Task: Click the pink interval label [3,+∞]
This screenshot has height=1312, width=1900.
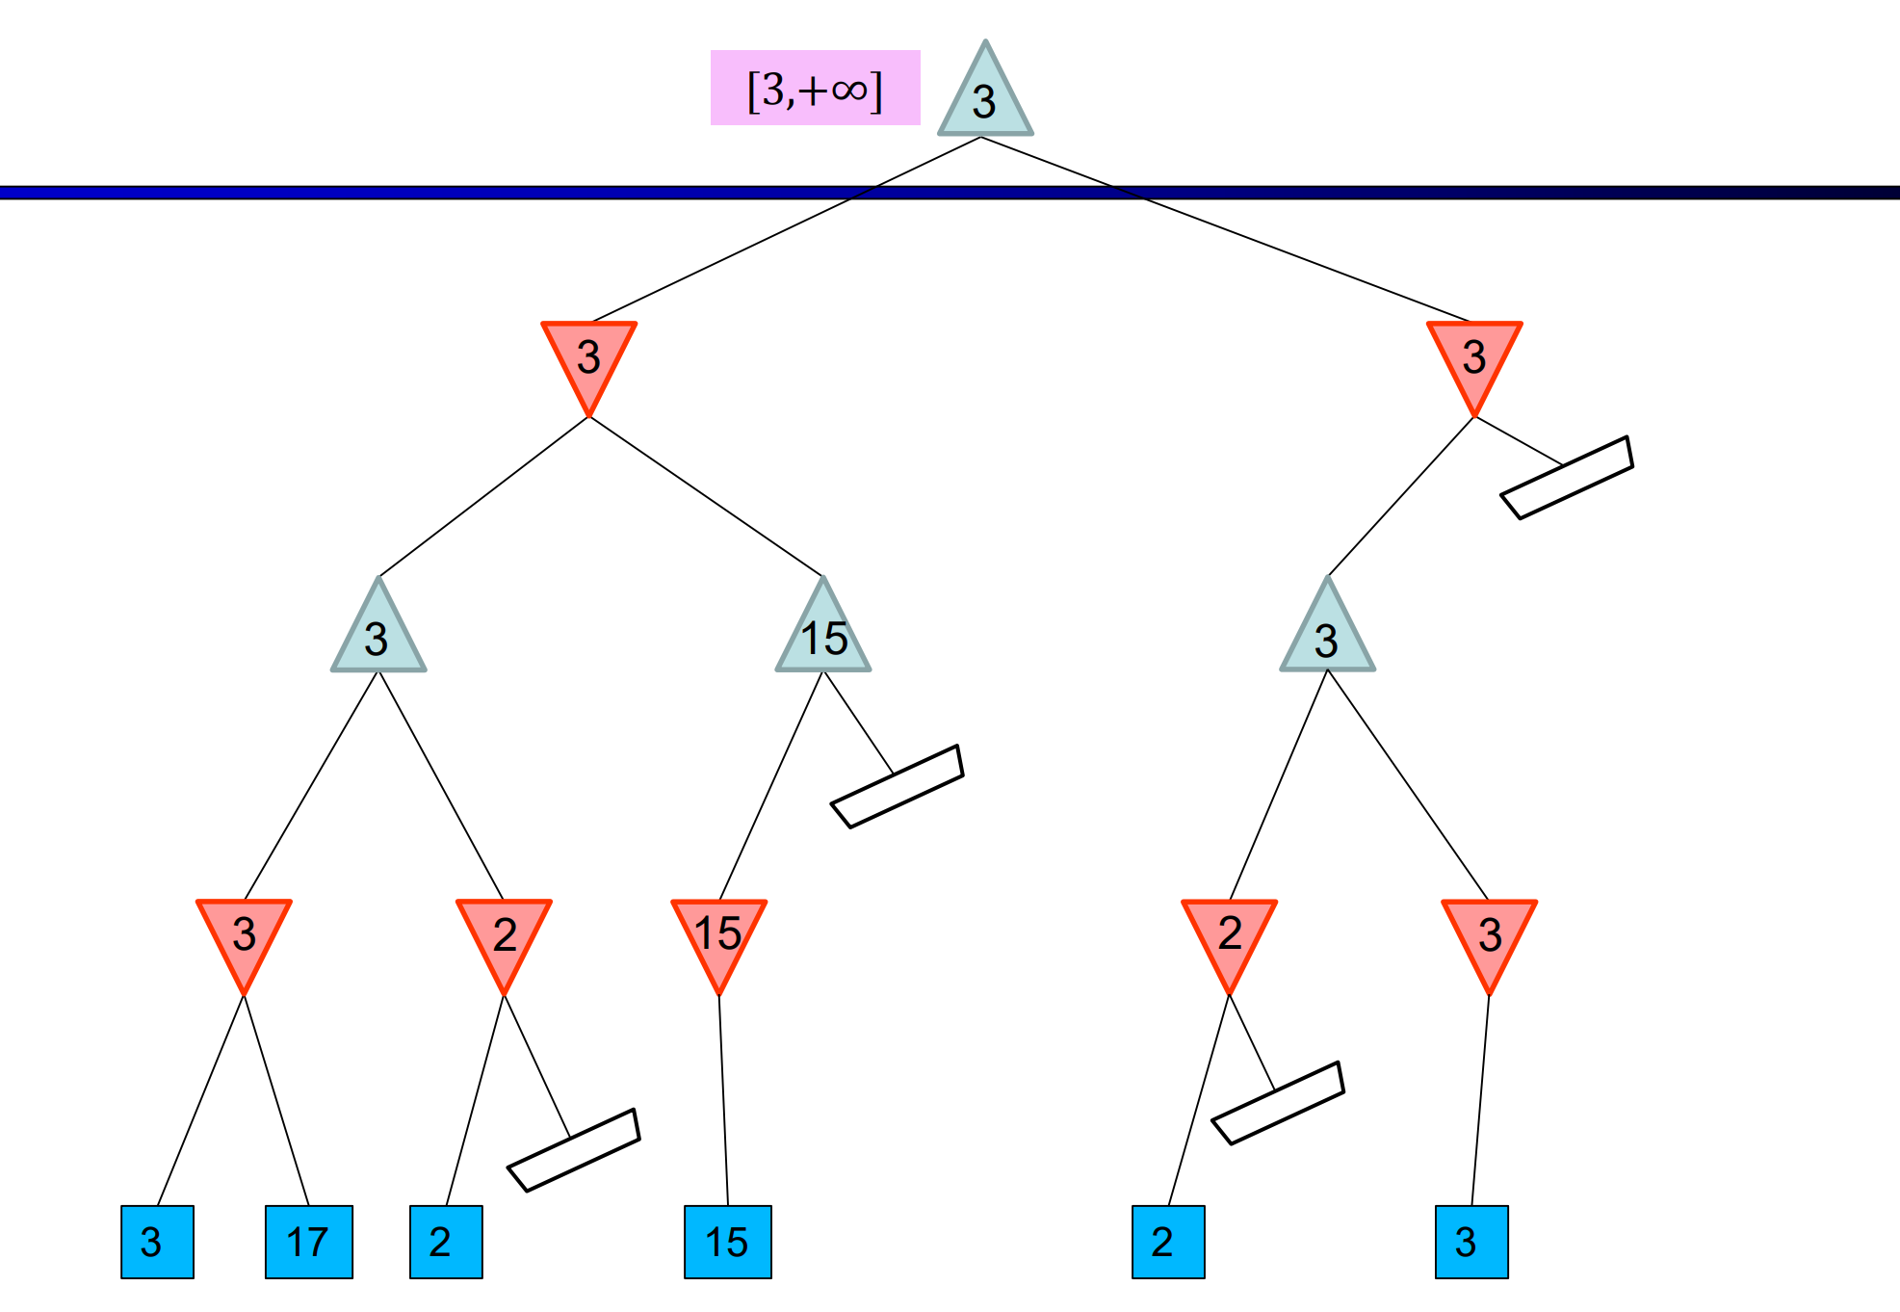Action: tap(815, 88)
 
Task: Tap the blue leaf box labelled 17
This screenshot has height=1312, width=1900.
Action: tap(308, 1242)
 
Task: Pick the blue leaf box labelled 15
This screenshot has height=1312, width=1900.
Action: tap(727, 1242)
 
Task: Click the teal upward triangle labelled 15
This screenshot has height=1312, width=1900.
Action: tap(823, 636)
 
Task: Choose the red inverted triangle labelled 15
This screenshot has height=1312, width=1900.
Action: tap(718, 934)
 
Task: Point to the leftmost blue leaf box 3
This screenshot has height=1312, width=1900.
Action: tap(157, 1242)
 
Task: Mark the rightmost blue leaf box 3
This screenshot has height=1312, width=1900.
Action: tap(1471, 1242)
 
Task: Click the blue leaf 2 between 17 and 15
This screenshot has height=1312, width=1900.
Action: tap(445, 1242)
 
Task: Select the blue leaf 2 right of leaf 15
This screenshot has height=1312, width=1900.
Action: tap(1167, 1242)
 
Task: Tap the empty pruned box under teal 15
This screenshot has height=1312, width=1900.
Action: tap(897, 786)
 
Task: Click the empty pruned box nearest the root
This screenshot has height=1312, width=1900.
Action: tap(1567, 478)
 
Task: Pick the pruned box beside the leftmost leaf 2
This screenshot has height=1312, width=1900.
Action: tap(573, 1150)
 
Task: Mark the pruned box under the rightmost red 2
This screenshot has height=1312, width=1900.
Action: tap(1277, 1103)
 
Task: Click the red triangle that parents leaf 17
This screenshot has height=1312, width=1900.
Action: tap(244, 934)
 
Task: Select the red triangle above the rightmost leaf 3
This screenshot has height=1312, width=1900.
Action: tap(1489, 934)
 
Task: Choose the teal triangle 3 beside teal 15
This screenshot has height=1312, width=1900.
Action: tap(378, 636)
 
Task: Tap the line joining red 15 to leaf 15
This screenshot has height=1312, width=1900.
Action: tap(723, 1098)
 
